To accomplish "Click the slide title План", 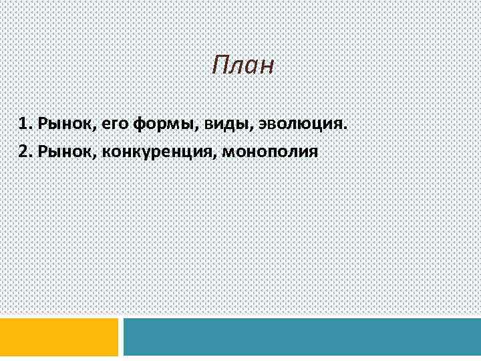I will (x=243, y=66).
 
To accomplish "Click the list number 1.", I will (x=24, y=124).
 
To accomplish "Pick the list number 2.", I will (x=24, y=151).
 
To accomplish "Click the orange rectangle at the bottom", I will (x=59, y=337).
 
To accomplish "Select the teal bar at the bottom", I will (x=302, y=337).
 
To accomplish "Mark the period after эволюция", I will (x=346, y=128).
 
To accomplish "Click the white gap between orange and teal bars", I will (x=121, y=337).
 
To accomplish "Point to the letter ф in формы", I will (x=140, y=125).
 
